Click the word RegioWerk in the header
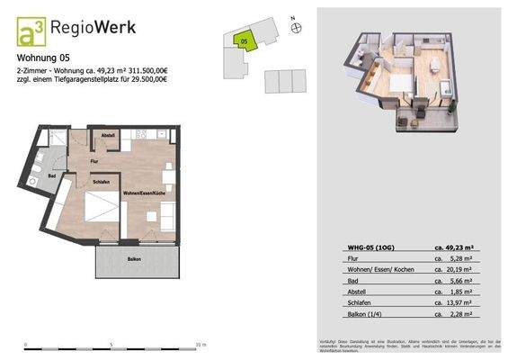coord(97,28)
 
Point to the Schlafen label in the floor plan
coord(100,182)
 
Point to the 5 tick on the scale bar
coord(111,344)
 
